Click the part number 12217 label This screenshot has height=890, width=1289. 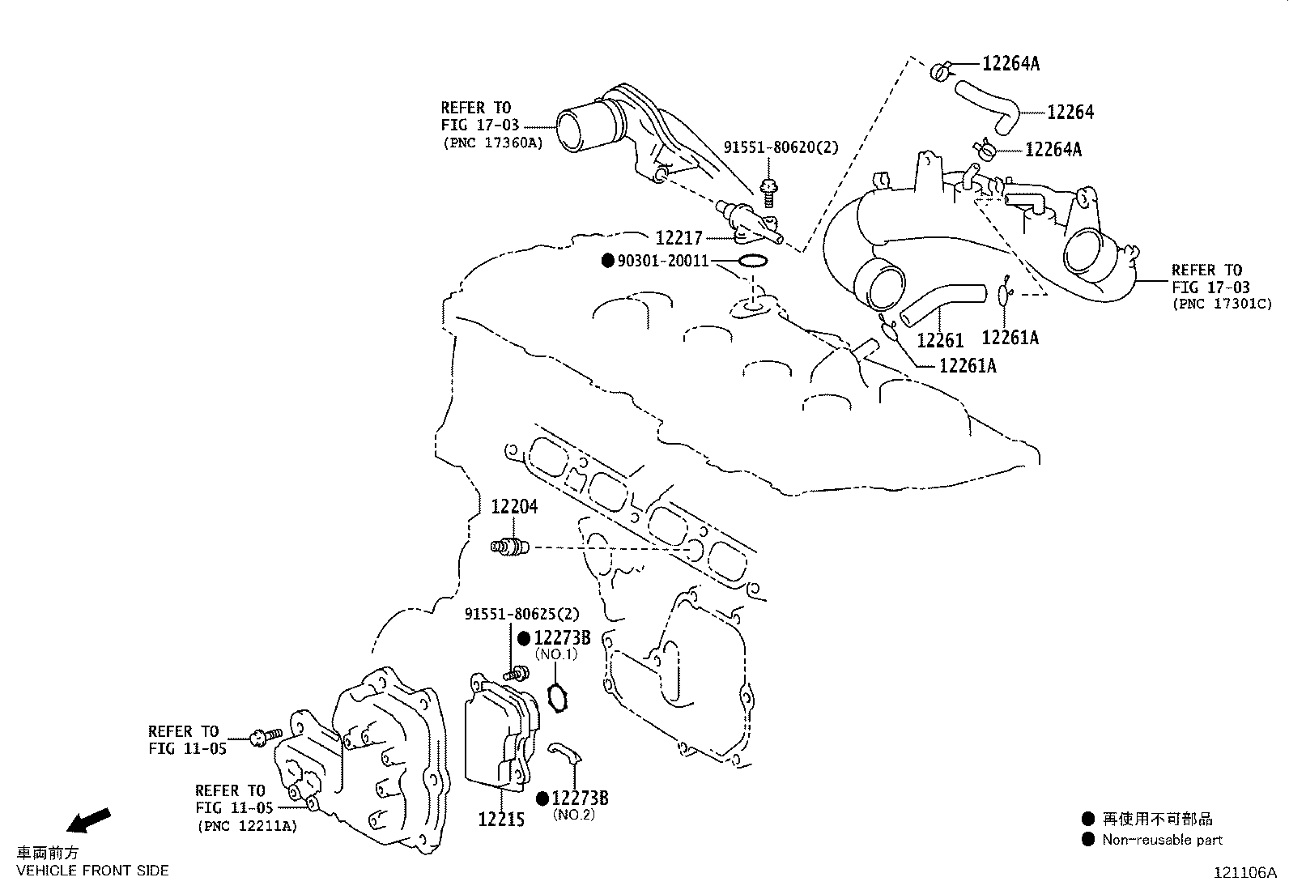coord(679,238)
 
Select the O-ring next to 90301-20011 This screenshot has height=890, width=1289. coord(753,261)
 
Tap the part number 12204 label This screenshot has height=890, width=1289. coord(514,507)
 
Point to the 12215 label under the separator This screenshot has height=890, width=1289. coord(501,820)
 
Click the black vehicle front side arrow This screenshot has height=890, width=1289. coord(88,820)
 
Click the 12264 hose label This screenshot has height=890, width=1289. coord(1070,113)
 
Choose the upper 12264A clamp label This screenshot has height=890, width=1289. coord(1010,64)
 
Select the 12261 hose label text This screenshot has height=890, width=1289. coord(940,340)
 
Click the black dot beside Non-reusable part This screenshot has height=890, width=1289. coord(1088,840)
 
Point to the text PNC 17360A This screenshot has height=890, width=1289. coord(492,143)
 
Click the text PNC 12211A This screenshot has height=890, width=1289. coord(246,826)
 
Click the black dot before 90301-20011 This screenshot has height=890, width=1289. coord(607,261)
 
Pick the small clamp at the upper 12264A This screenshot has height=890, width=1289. coord(940,71)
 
